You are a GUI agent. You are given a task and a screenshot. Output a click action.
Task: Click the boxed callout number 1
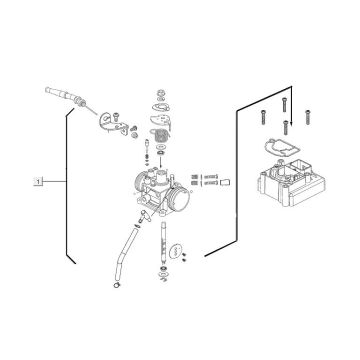[38, 182]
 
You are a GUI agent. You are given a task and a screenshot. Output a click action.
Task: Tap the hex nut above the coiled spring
[161, 92]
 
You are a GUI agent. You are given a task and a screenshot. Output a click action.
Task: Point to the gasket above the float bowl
[279, 147]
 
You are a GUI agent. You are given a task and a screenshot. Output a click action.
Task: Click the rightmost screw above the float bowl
[308, 117]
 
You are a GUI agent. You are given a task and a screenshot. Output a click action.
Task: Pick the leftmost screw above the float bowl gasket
[263, 117]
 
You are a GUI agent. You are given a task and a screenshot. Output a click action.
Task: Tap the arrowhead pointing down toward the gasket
[291, 123]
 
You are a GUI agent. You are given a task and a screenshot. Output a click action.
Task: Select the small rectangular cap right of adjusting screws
[225, 182]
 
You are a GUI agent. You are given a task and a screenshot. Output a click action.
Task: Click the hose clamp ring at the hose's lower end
[117, 285]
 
